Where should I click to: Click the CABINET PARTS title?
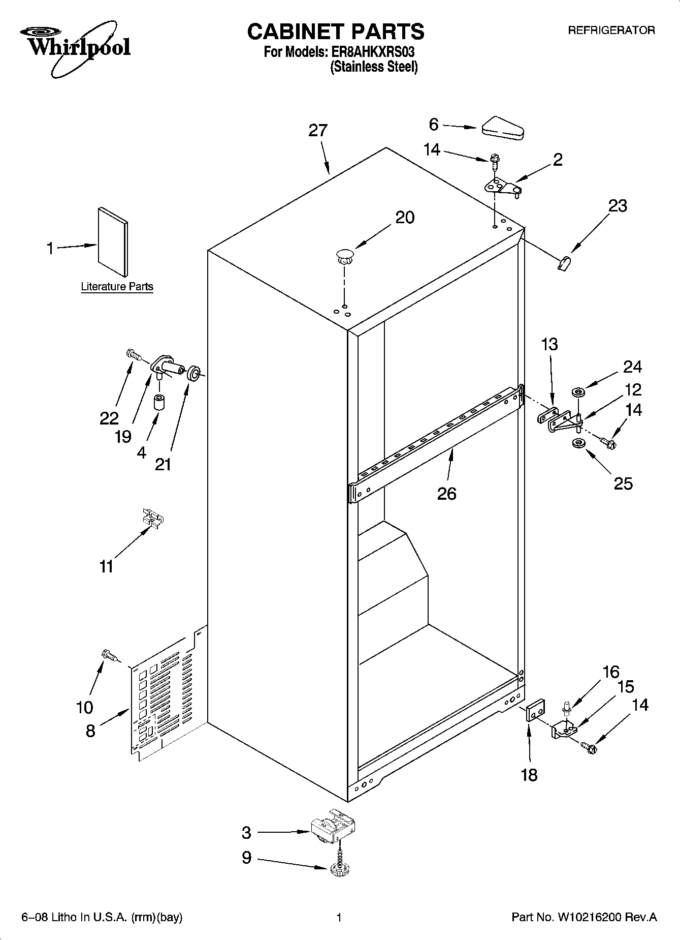click(335, 32)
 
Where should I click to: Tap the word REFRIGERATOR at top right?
click(611, 31)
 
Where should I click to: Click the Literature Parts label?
click(117, 287)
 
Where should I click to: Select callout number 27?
click(318, 131)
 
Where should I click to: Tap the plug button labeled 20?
click(344, 256)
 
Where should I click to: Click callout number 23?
click(618, 206)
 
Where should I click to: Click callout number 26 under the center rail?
click(446, 493)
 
